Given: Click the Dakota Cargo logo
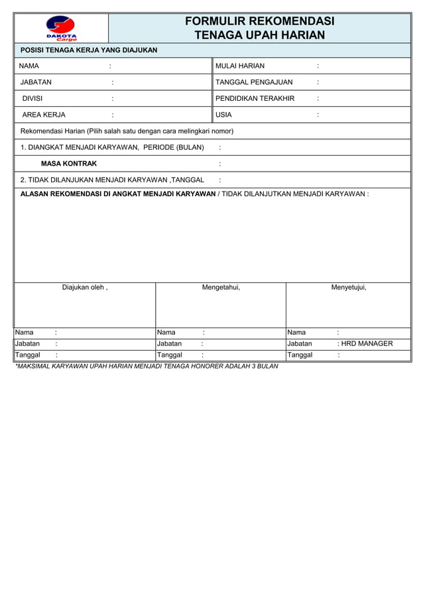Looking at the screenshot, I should pos(61,29).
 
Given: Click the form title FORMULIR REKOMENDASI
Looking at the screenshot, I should pos(259,21).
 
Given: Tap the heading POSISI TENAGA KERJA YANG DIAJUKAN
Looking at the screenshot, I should pos(89,50).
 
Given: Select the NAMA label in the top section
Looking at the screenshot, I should pos(29,66).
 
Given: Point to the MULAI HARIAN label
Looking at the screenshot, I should pos(240,66).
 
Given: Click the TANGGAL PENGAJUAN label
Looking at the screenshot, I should pos(254,82).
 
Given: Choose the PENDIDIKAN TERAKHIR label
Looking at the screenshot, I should pos(255,99).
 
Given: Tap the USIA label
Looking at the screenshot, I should pos(223,115).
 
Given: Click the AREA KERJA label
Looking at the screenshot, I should pos(44,115).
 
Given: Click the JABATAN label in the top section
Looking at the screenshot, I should pos(36,82).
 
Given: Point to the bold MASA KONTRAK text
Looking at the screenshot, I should pos(69,164).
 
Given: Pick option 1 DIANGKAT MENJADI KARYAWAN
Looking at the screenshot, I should pos(112,147).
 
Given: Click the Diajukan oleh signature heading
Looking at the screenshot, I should pos(85,288).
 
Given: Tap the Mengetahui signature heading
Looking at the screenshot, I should pos(221,288).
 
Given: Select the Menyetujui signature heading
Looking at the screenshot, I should pos(349,288).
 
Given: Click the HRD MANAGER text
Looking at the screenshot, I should pos(367,344).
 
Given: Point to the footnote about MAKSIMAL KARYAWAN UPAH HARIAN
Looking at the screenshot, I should pos(147,366).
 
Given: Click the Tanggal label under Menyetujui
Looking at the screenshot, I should pos(300,355).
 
